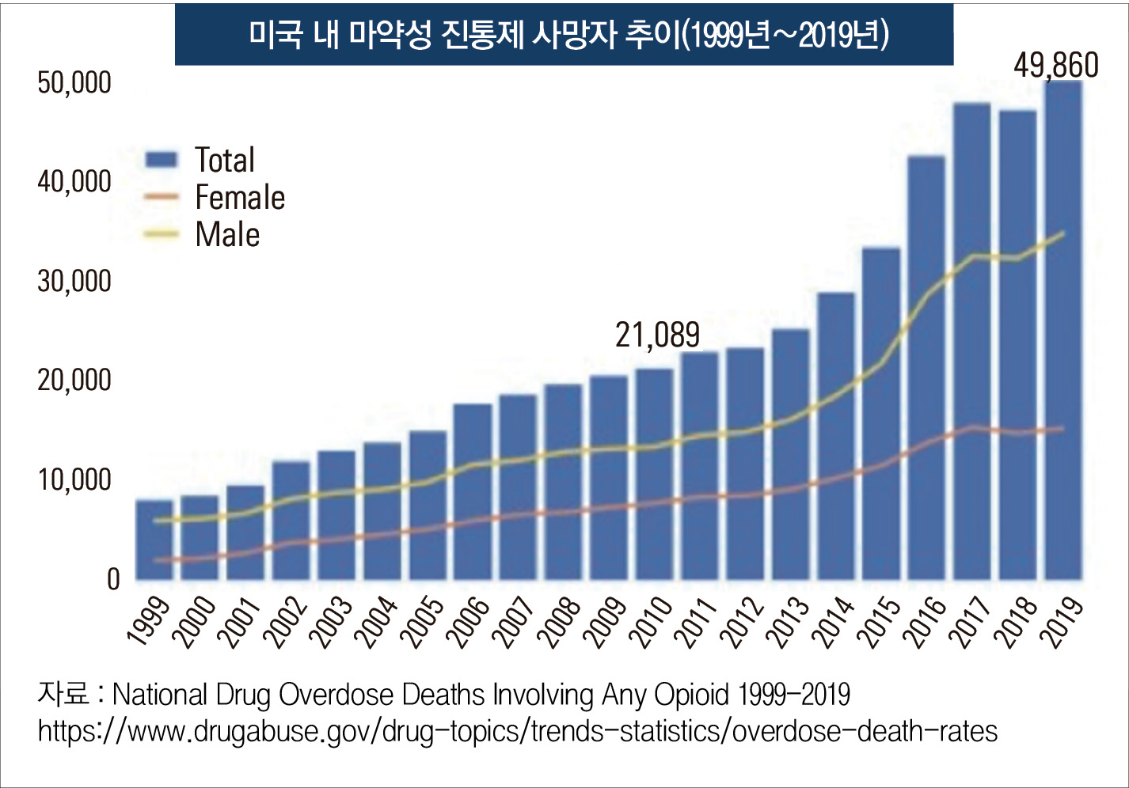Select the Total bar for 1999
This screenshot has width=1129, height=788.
154,540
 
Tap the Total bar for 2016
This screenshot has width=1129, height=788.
926,368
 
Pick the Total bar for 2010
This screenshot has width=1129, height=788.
654,475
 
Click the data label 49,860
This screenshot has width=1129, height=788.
1055,66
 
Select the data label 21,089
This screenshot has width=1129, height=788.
657,335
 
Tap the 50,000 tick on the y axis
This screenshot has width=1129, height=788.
74,82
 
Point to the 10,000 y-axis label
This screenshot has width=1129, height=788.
74,479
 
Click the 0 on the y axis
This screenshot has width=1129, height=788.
113,579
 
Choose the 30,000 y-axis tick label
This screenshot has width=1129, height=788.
74,281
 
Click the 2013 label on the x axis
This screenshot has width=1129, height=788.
789,621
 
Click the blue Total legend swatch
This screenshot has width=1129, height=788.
162,160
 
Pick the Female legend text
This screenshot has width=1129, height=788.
240,198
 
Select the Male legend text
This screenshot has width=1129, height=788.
227,235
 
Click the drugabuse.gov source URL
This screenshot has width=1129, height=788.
518,731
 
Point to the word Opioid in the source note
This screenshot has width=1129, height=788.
691,695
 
